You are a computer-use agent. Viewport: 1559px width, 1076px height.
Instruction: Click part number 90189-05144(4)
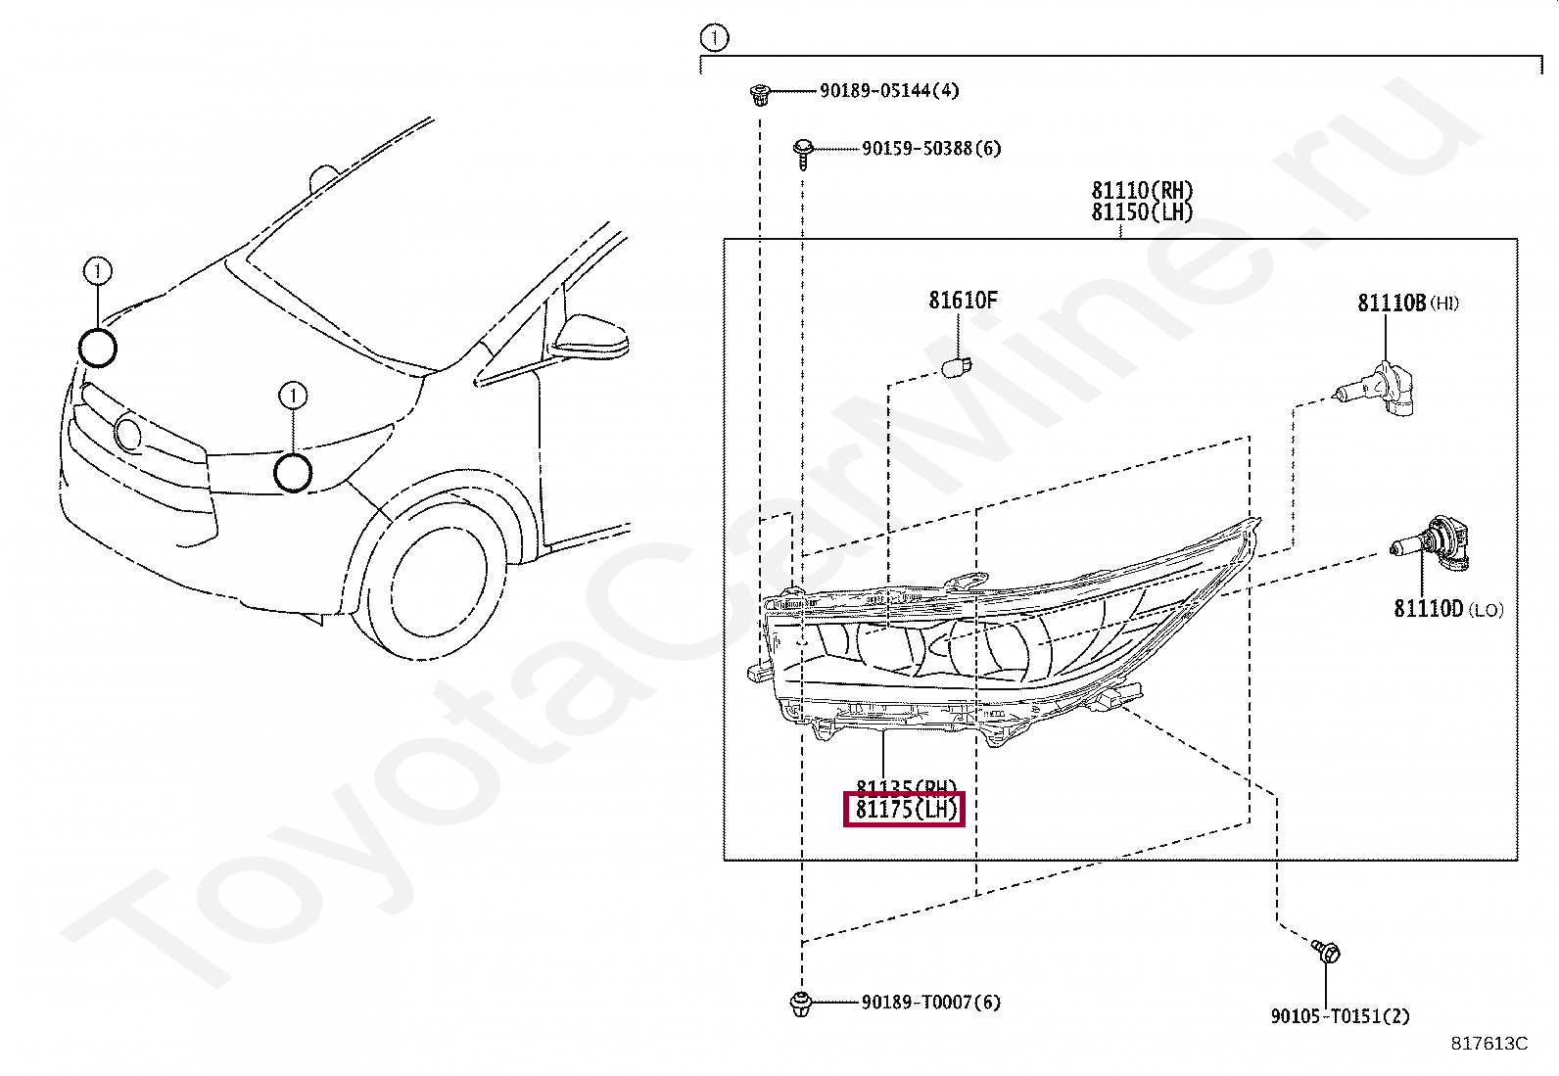(x=889, y=91)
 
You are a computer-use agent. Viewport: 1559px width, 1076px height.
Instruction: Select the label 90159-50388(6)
(x=931, y=149)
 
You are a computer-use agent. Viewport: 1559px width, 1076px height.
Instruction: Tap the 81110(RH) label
(x=1142, y=190)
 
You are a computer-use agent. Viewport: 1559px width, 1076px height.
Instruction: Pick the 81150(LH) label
(x=1142, y=212)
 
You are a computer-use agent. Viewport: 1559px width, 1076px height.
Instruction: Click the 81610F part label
(x=963, y=301)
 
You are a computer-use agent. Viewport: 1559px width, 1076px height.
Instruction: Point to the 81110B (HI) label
(x=1407, y=304)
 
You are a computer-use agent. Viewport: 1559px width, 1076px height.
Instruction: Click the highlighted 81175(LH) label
(x=905, y=810)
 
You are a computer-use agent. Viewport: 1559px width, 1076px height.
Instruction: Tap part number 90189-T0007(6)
(x=931, y=1003)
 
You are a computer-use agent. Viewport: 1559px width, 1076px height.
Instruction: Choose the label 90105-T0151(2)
(x=1340, y=1016)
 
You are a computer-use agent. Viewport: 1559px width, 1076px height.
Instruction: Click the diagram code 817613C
(x=1488, y=1044)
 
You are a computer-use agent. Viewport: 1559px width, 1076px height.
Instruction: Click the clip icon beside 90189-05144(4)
(x=758, y=94)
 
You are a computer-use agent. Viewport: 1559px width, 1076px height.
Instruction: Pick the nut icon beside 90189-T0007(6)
(x=800, y=1003)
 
